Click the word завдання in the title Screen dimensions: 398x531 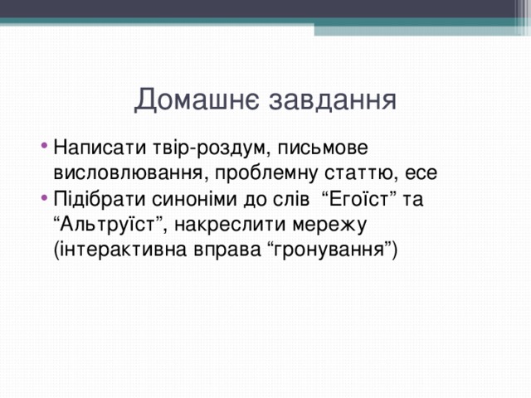(329, 101)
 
